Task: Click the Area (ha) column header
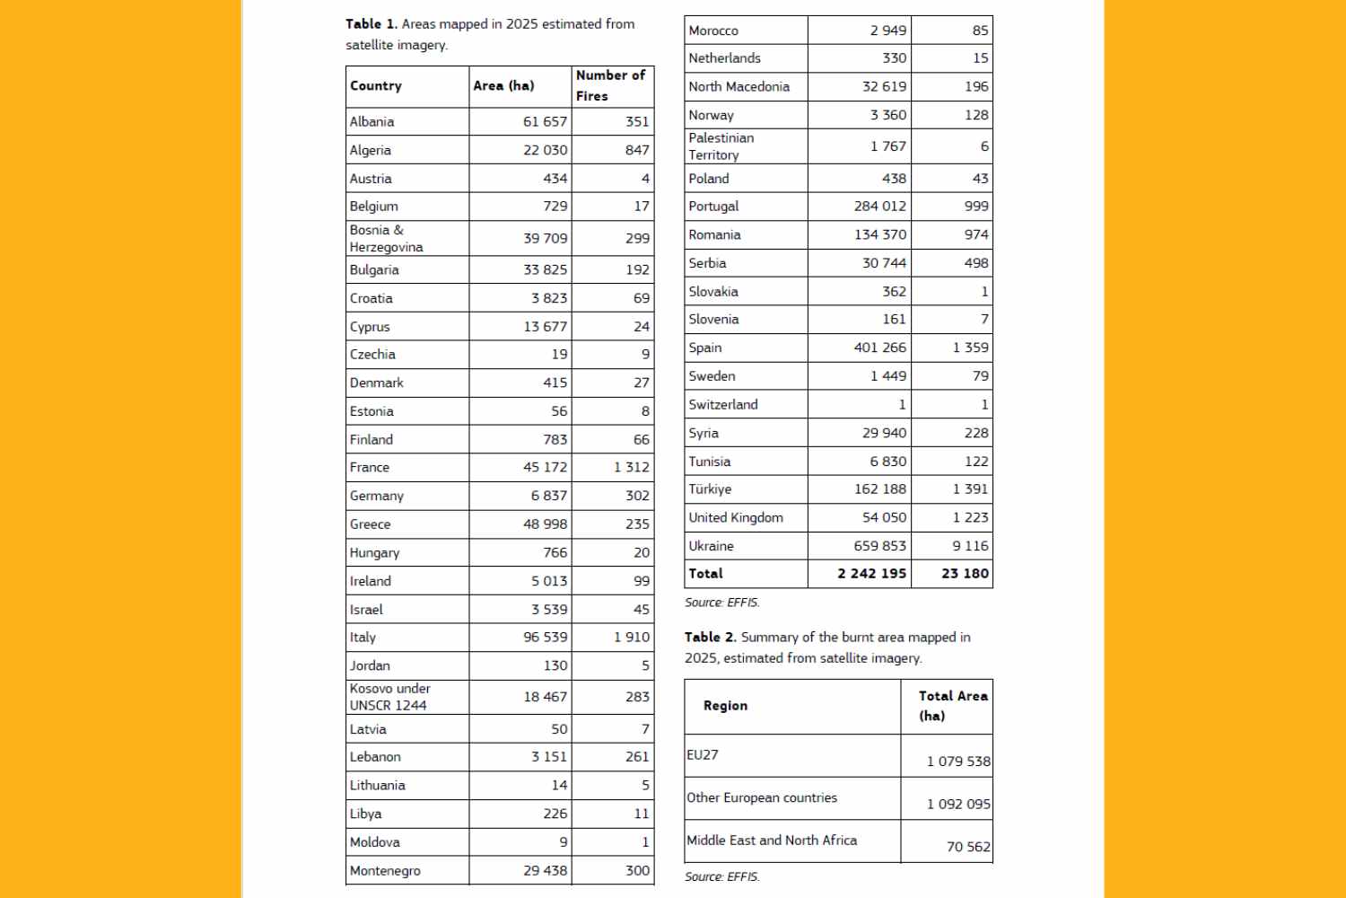click(x=503, y=86)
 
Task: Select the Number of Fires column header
click(x=610, y=85)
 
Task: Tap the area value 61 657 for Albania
click(x=545, y=122)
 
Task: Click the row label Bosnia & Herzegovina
click(x=386, y=239)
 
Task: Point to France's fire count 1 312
click(x=631, y=468)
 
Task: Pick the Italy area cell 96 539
click(x=545, y=638)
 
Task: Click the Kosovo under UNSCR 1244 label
click(x=389, y=697)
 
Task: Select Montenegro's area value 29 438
click(x=545, y=871)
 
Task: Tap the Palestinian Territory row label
click(x=721, y=146)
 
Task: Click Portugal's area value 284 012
click(x=879, y=207)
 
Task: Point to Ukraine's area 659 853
click(x=879, y=546)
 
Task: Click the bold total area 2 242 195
click(x=871, y=574)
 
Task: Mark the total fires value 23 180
click(x=965, y=574)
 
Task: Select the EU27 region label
click(x=703, y=755)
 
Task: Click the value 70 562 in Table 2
click(x=968, y=847)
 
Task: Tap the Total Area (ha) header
click(x=952, y=706)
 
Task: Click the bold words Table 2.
click(x=710, y=638)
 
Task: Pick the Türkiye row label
click(x=710, y=489)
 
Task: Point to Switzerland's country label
click(x=722, y=405)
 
